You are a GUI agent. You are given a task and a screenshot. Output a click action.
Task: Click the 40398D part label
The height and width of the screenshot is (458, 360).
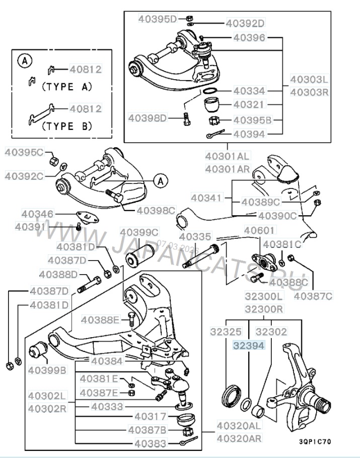click(x=147, y=118)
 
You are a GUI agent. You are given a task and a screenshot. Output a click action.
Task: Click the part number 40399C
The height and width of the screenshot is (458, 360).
click(x=139, y=232)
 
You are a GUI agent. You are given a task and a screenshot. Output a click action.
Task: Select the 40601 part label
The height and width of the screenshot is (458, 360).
click(x=260, y=230)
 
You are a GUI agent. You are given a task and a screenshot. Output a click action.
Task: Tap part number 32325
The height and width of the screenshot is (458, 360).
click(x=227, y=332)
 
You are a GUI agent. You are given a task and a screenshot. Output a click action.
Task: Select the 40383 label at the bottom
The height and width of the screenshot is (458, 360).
click(x=150, y=444)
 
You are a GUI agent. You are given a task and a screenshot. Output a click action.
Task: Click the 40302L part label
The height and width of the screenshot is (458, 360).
click(x=47, y=397)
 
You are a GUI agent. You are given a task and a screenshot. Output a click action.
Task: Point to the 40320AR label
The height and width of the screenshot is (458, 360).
click(x=240, y=438)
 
